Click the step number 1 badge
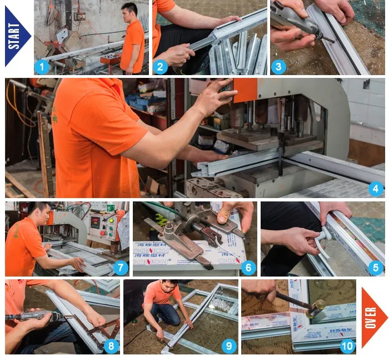(x=42, y=67)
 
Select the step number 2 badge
(x=160, y=67)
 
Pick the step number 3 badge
(x=278, y=67)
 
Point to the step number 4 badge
(x=376, y=189)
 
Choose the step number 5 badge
(x=376, y=268)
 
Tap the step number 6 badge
(x=248, y=268)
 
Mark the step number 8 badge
(x=111, y=346)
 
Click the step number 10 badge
(x=347, y=346)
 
